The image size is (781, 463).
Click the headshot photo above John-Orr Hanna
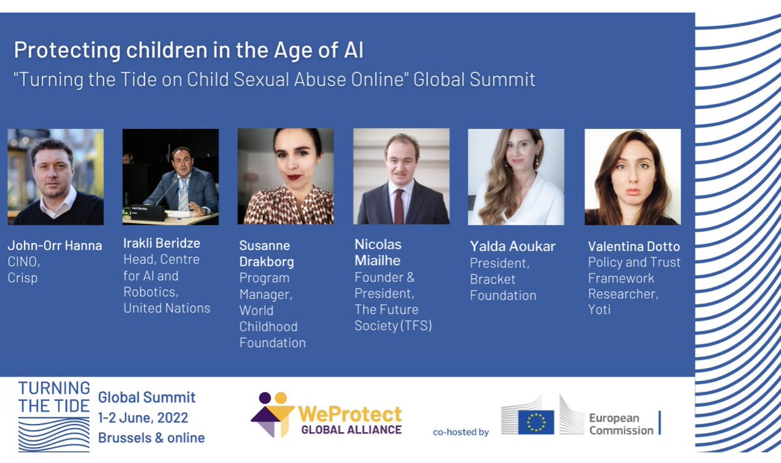55,176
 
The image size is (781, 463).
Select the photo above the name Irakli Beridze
171,176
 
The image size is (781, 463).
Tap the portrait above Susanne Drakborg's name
285,176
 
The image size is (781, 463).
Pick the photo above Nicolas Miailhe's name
401,176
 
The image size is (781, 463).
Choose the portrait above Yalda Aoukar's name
516,176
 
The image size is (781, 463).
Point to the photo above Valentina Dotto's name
633,176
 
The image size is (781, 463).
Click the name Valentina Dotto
633,247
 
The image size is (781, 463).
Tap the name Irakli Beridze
162,244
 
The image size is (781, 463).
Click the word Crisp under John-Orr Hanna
23,277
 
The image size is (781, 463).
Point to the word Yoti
599,309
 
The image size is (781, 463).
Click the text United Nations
167,308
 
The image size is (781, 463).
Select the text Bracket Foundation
503,287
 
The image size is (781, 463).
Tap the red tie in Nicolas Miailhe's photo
398,206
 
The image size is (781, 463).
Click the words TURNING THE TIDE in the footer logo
54,397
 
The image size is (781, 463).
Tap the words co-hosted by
461,432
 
